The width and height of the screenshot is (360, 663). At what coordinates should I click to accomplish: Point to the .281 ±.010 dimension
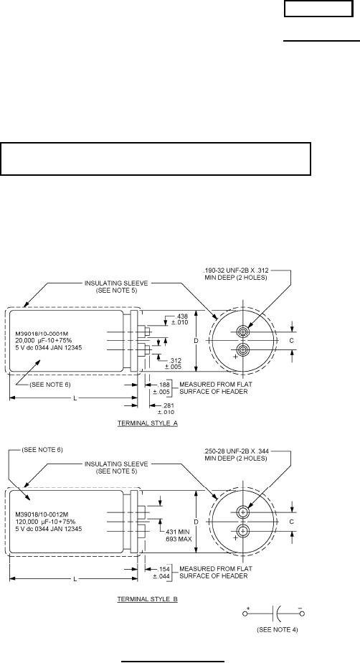click(166, 409)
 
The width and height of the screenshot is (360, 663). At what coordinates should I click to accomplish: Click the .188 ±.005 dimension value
click(164, 388)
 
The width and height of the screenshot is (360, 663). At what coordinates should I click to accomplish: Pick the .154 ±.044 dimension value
click(164, 573)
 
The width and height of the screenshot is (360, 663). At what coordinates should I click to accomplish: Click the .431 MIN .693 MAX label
click(179, 535)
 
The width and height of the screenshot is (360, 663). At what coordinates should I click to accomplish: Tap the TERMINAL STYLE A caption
click(147, 423)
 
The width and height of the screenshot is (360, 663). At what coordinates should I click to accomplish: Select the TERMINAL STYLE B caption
click(147, 599)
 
